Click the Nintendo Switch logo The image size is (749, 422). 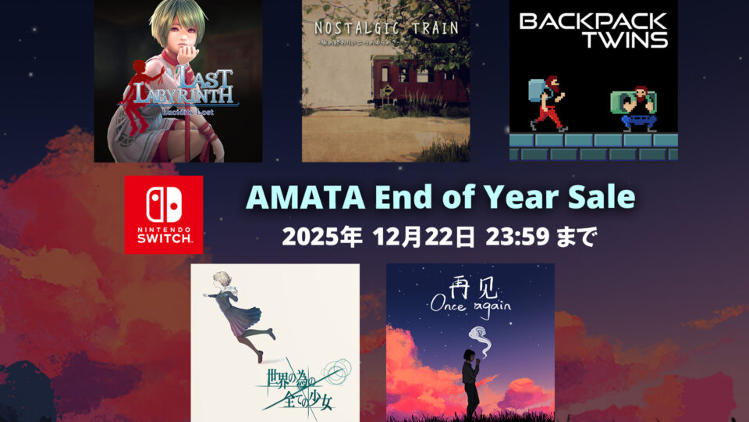163,214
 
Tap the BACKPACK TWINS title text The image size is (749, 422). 593,30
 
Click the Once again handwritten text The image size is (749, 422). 470,306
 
